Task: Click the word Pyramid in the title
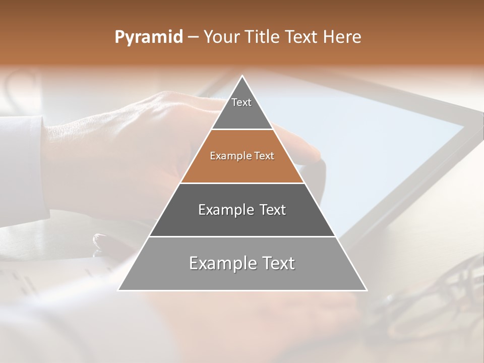tap(148, 37)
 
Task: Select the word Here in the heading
tap(343, 37)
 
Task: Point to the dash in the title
tap(193, 37)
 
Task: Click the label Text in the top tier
tap(241, 102)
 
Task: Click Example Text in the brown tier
tap(242, 156)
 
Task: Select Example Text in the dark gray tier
tap(242, 210)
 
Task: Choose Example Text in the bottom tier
tap(242, 263)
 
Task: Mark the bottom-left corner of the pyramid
tap(119, 290)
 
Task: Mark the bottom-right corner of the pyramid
tap(366, 290)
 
